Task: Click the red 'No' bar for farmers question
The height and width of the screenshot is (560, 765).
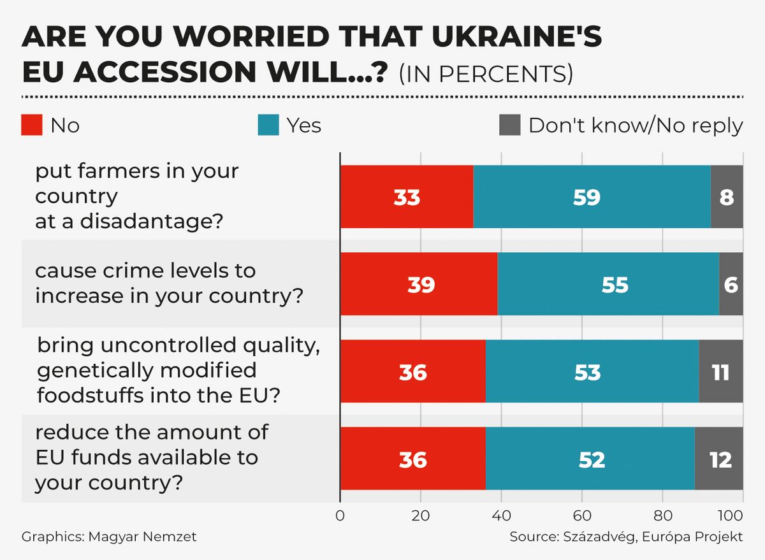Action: pyautogui.click(x=407, y=197)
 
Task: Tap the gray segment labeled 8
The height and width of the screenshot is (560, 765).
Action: pyautogui.click(x=727, y=197)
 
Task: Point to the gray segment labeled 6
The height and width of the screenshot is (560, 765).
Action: pyautogui.click(x=731, y=284)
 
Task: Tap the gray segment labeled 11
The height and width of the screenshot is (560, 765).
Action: pyautogui.click(x=721, y=371)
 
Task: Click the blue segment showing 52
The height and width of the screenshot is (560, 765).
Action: pyautogui.click(x=590, y=459)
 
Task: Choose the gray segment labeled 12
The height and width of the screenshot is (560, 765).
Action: pyautogui.click(x=719, y=459)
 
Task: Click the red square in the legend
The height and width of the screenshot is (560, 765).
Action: pyautogui.click(x=32, y=125)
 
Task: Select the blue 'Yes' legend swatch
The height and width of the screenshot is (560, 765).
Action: pyautogui.click(x=268, y=125)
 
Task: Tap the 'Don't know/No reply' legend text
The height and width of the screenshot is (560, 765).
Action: pyautogui.click(x=636, y=126)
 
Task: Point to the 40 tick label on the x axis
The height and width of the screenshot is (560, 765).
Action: pyautogui.click(x=501, y=515)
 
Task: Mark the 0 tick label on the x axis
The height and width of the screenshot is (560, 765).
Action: pyautogui.click(x=340, y=515)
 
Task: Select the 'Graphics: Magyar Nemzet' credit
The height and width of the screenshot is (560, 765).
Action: pyautogui.click(x=109, y=536)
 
